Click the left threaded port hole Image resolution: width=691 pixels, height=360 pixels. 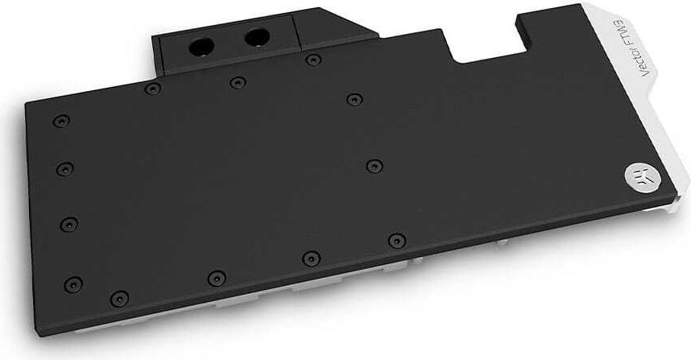pos(201,47)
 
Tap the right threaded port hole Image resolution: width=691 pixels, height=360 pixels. pos(257,38)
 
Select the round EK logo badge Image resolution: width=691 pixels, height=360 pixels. pos(637,176)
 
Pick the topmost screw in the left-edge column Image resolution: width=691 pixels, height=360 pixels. pos(61,121)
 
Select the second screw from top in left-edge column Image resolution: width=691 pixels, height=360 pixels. pos(65,169)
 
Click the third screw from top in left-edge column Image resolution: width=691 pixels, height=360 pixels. pos(69,224)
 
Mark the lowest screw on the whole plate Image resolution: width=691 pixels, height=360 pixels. pos(119,299)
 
